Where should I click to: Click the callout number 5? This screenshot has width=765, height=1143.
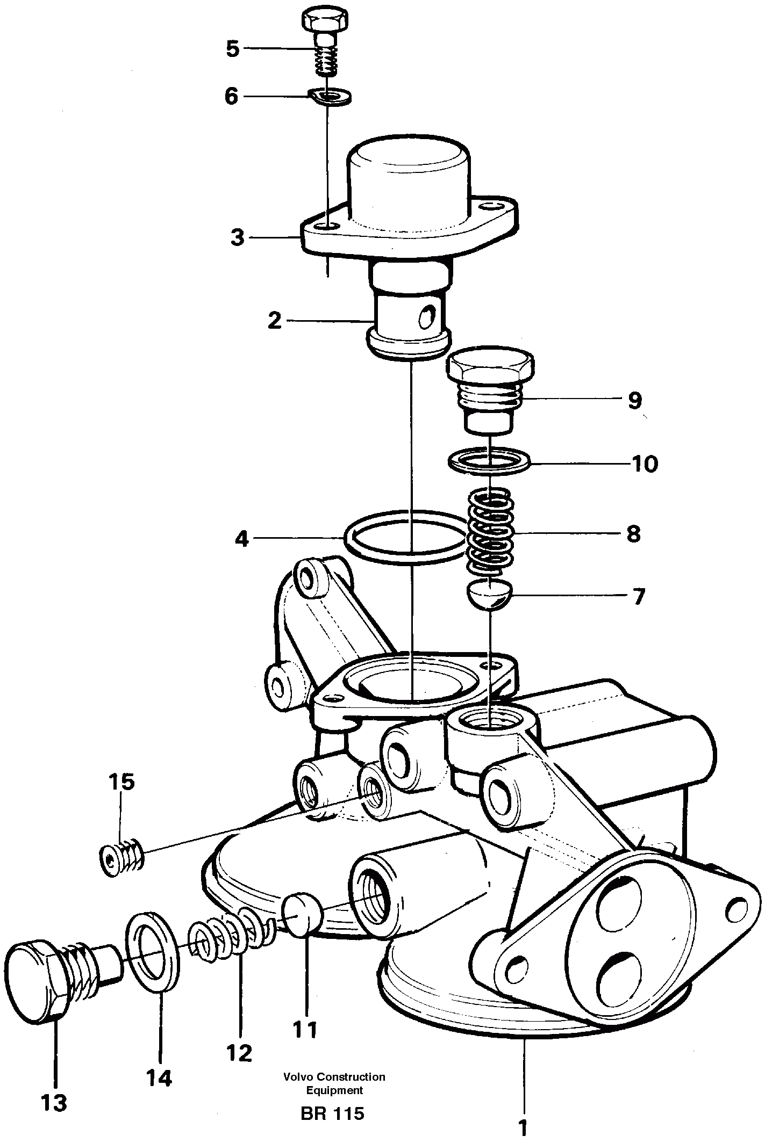click(x=232, y=49)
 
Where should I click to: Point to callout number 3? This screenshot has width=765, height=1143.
click(x=237, y=237)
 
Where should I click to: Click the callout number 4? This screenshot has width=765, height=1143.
click(x=242, y=539)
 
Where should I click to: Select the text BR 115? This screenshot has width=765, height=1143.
click(x=332, y=1110)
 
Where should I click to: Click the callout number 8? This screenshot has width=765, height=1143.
click(x=633, y=534)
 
